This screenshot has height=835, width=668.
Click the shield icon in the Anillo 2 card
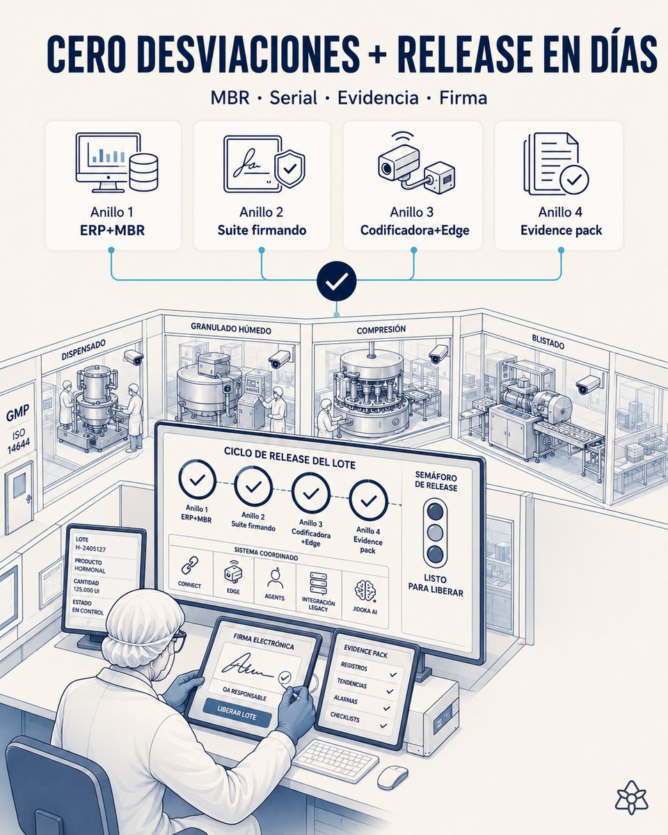(289, 169)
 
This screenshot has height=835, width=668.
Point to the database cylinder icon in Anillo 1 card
(143, 172)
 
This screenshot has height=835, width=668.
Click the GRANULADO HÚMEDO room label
(231, 328)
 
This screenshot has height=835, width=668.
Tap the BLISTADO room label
(548, 342)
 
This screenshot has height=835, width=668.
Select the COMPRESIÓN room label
(381, 330)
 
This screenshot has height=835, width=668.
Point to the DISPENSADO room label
(83, 349)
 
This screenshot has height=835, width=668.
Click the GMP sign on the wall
(17, 413)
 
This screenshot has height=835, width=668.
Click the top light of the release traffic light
(435, 511)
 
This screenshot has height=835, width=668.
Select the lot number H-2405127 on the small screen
(90, 548)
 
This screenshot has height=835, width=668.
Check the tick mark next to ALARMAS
(387, 708)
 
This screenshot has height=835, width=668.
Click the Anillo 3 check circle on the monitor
(310, 493)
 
